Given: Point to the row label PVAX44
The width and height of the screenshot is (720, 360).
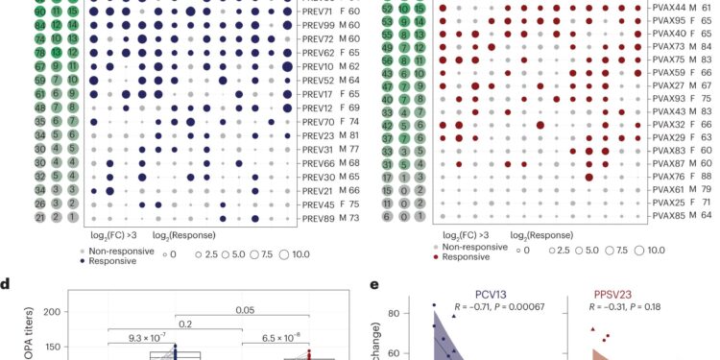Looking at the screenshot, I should click(673, 7).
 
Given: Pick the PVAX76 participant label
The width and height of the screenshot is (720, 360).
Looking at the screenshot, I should click(673, 175).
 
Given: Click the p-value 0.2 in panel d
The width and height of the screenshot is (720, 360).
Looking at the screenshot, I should click(176, 324).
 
